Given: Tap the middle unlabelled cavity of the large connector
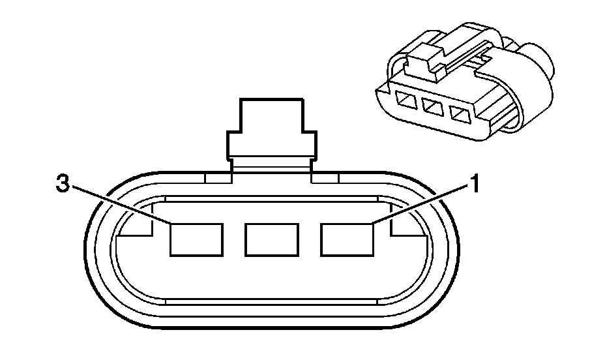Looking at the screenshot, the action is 272,239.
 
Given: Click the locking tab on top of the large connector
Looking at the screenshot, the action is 272,128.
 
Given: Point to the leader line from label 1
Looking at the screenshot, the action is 424,204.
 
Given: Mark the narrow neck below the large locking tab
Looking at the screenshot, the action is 272,167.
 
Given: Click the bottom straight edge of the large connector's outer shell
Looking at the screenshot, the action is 272,326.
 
